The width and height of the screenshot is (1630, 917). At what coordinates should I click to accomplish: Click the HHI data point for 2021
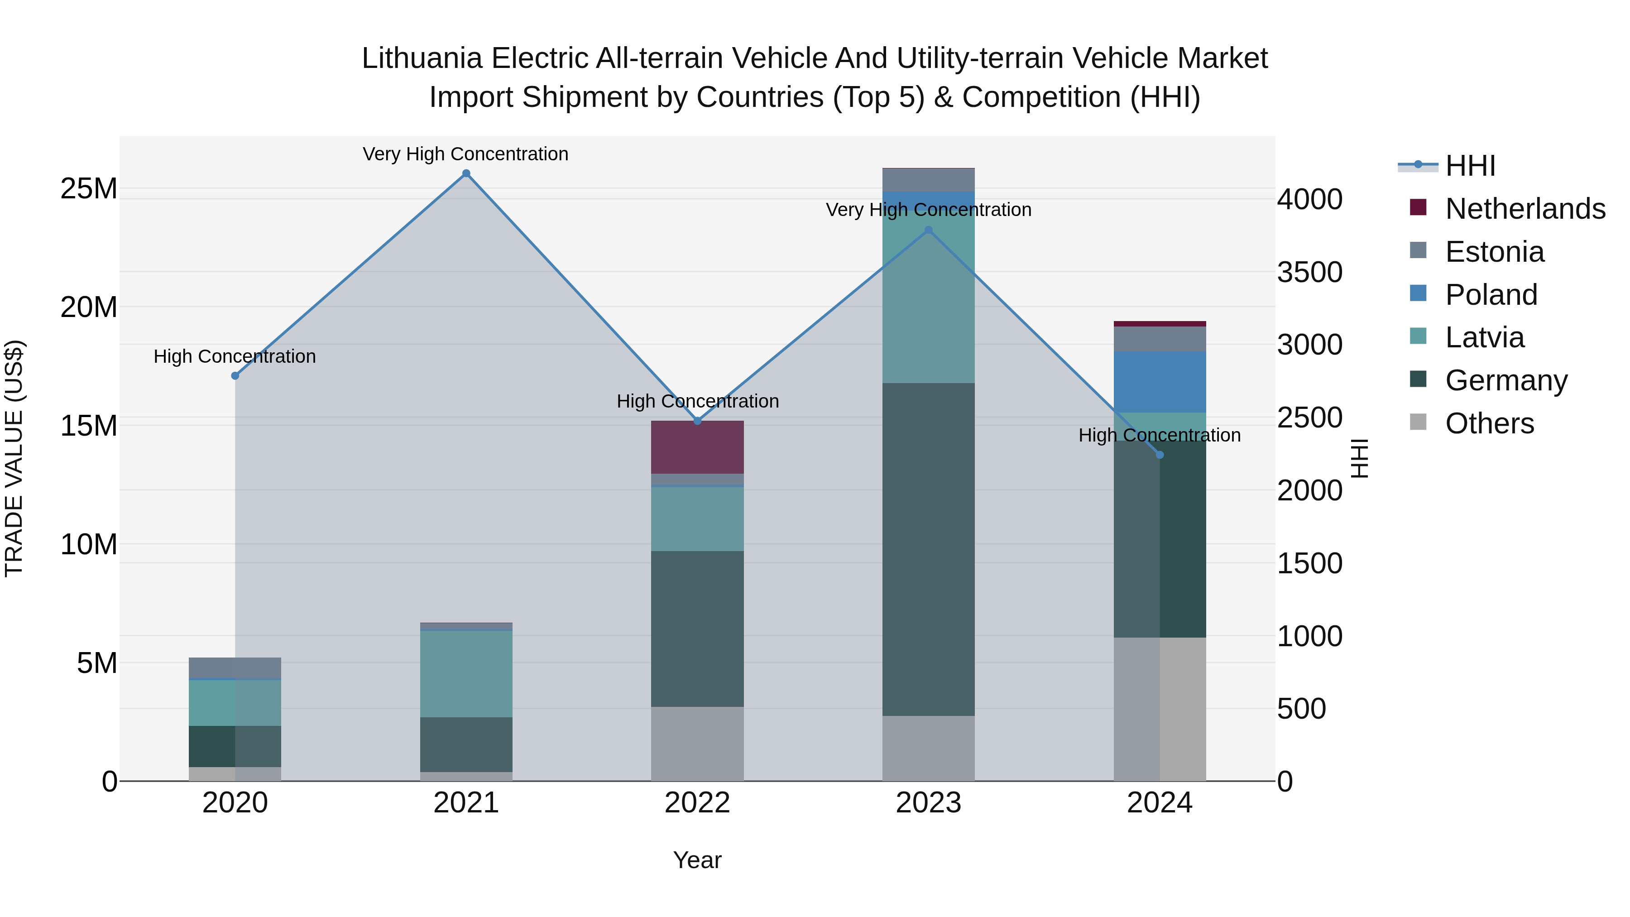coord(466,173)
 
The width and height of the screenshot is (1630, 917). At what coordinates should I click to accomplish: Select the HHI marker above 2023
coord(928,230)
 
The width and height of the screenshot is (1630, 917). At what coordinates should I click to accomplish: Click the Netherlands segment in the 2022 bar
coord(697,447)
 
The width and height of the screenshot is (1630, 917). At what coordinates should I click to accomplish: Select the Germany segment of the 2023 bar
coord(928,549)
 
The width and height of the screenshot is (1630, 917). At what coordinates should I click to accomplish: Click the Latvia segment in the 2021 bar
coord(466,673)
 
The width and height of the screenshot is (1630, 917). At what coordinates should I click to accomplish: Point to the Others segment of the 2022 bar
coord(697,744)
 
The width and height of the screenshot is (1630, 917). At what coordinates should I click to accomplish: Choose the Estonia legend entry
coord(1494,252)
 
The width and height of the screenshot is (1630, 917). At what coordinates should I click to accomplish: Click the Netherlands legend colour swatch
coord(1418,207)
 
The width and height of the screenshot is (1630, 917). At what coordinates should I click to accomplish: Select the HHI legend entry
coord(1470,166)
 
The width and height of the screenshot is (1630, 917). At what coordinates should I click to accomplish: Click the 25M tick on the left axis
coord(89,188)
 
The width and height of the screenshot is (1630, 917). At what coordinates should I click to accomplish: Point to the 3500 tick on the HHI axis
coord(1309,272)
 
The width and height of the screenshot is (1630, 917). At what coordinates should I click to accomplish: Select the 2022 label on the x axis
coord(697,803)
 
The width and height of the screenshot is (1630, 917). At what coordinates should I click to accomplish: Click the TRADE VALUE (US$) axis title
coord(14,458)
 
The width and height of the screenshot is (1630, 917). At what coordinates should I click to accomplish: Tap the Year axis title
coord(697,860)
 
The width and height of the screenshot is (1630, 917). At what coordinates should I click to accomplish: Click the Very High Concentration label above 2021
coord(466,154)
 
